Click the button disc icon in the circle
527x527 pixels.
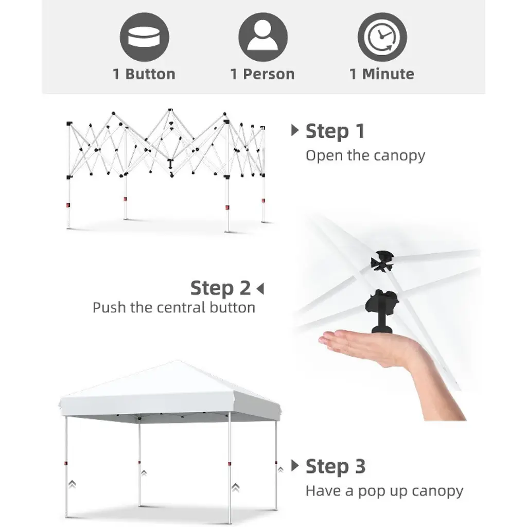(x=144, y=37)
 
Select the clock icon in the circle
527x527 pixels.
(x=382, y=37)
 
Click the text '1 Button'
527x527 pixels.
(x=144, y=74)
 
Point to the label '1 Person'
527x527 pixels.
(x=262, y=74)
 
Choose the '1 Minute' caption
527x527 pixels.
(x=382, y=74)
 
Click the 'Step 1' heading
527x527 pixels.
(x=335, y=131)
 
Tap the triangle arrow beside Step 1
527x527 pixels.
(x=295, y=130)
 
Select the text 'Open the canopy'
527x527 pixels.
(x=365, y=155)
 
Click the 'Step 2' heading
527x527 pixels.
(x=220, y=288)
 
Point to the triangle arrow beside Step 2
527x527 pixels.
(x=260, y=289)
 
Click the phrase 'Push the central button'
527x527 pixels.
(x=174, y=308)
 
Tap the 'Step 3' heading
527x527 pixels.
(x=336, y=467)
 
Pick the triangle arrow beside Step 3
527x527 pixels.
(x=295, y=465)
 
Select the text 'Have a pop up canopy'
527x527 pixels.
(x=384, y=491)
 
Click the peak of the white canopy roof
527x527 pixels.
(x=177, y=361)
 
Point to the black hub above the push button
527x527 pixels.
(x=382, y=261)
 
